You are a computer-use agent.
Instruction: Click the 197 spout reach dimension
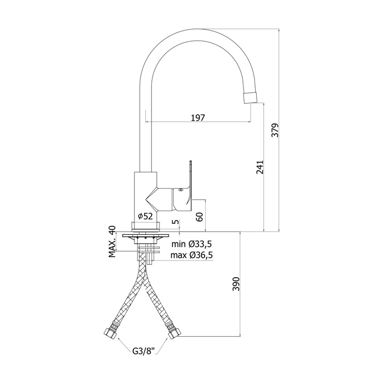pyautogui.click(x=198, y=117)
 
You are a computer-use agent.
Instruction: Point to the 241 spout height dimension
pyautogui.click(x=261, y=167)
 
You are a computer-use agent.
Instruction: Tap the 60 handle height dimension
pyautogui.click(x=200, y=216)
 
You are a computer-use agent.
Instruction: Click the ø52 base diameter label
pyautogui.click(x=145, y=216)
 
